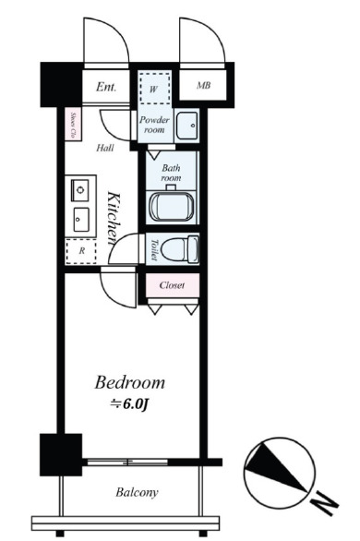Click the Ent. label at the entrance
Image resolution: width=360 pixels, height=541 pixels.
(106, 87)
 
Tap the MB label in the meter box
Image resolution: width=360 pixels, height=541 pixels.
(203, 85)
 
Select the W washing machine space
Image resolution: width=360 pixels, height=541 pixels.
(154, 89)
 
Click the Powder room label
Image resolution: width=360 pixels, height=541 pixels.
(154, 125)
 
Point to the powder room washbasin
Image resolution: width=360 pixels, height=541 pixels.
(186, 126)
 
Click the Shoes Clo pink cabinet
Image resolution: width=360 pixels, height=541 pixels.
(73, 125)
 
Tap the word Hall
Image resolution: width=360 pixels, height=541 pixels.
(105, 148)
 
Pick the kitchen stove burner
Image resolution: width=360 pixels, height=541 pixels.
(80, 190)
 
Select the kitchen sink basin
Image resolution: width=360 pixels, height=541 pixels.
(80, 220)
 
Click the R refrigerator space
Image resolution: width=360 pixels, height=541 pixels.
(81, 251)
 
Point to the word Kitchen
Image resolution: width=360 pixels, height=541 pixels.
(114, 218)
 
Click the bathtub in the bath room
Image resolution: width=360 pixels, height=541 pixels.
(172, 207)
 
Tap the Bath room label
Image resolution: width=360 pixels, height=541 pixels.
(172, 173)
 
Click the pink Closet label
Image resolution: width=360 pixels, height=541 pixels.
(172, 285)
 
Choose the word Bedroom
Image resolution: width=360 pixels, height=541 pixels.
(130, 383)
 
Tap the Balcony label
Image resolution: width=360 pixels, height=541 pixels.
(137, 492)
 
